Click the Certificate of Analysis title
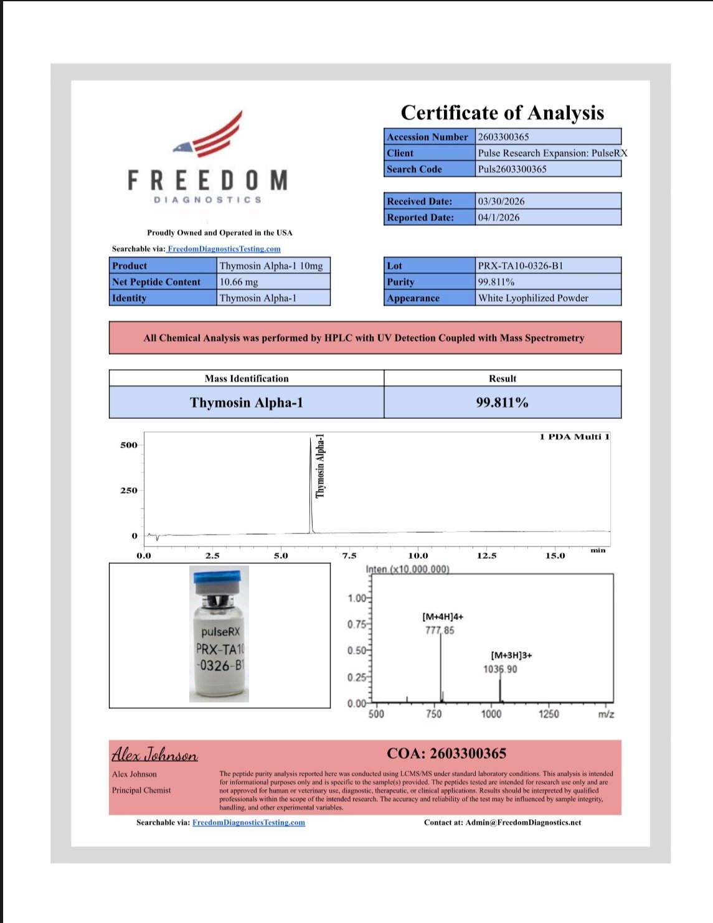tap(502, 113)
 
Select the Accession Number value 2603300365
tap(503, 137)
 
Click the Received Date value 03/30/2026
tap(501, 201)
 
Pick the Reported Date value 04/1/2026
tap(498, 217)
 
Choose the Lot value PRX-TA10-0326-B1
tap(520, 266)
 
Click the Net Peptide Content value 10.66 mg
tap(238, 282)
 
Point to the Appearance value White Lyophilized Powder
tap(533, 298)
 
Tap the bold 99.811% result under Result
tap(502, 403)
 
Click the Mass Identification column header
tap(247, 378)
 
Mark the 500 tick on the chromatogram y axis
tap(129, 445)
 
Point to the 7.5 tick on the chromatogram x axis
tap(349, 555)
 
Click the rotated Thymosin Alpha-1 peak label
tap(321, 466)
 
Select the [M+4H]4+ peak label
tap(443, 616)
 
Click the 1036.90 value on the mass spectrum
tap(500, 669)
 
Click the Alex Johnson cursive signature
tap(154, 755)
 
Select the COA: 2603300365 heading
tap(446, 754)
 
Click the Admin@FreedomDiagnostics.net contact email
tap(523, 822)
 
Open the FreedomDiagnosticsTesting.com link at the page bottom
tap(248, 822)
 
